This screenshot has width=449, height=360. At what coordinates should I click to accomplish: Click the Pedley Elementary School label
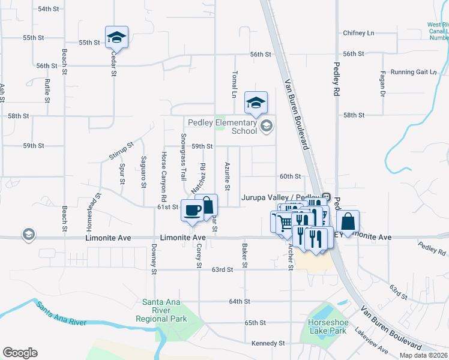click(x=223, y=127)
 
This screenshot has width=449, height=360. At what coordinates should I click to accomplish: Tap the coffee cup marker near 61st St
click(x=192, y=211)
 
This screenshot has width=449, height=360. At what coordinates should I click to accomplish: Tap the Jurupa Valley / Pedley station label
click(x=280, y=197)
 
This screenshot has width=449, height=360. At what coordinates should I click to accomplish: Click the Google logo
click(x=20, y=353)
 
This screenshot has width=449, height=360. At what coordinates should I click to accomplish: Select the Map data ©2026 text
click(x=423, y=355)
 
